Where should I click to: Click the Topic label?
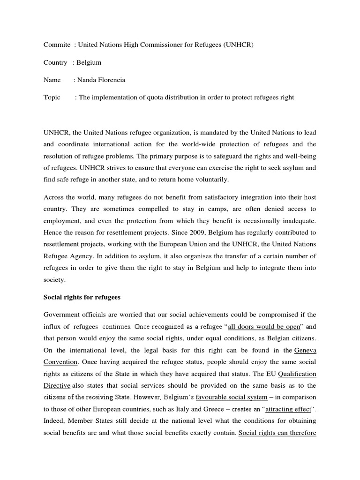click(52, 97)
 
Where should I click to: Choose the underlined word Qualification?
click(297, 374)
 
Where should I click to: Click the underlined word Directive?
click(57, 385)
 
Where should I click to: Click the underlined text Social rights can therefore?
click(277, 433)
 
